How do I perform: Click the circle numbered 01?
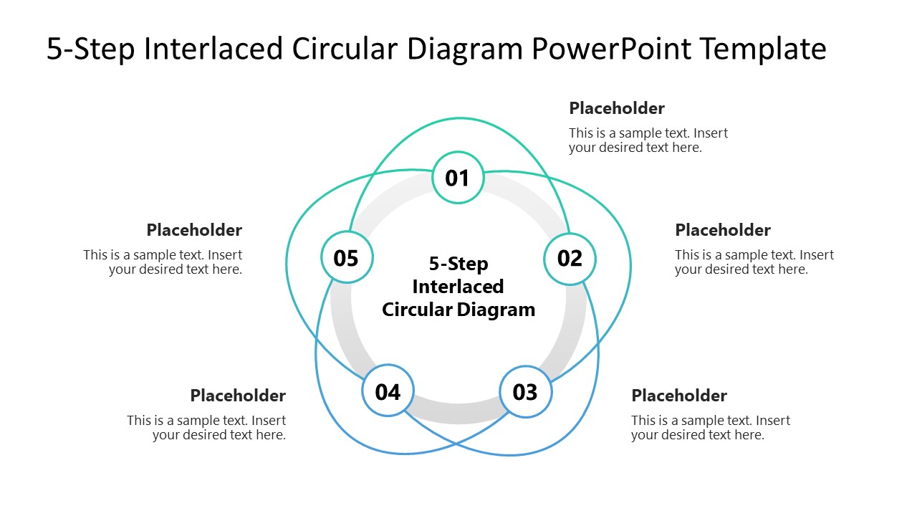click(458, 178)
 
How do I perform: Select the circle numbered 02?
click(570, 258)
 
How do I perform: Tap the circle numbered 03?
click(525, 392)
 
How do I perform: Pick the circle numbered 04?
click(388, 392)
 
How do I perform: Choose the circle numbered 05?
click(347, 258)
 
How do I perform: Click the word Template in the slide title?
click(763, 49)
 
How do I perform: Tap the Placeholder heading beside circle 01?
click(617, 108)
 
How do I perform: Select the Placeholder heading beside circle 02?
click(723, 230)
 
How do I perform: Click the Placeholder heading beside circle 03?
click(679, 396)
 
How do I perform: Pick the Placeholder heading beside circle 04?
click(238, 396)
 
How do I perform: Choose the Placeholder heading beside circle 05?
click(194, 230)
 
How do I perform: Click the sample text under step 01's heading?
click(648, 140)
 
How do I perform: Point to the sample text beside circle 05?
click(163, 262)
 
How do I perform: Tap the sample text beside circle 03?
click(710, 428)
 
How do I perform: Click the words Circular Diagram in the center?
click(458, 310)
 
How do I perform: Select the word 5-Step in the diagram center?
click(458, 264)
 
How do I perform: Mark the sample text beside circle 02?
click(754, 262)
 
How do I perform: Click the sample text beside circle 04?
click(207, 428)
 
